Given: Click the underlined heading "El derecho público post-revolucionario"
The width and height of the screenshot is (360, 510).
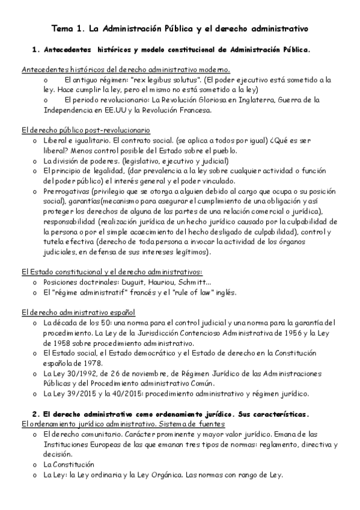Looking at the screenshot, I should [85, 130].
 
